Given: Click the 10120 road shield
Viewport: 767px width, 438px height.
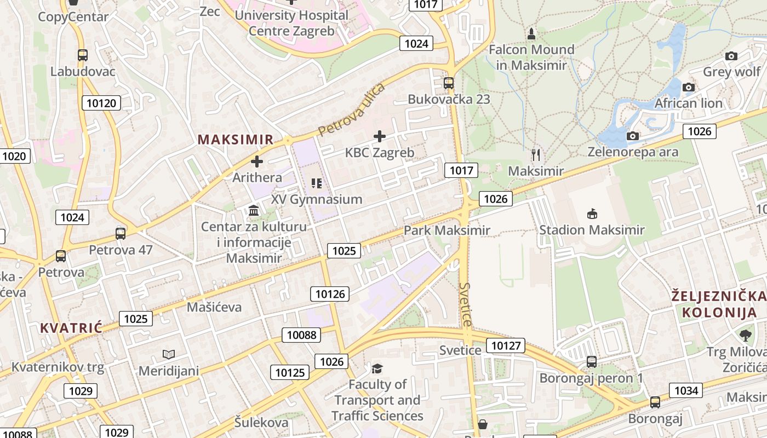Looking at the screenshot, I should pyautogui.click(x=101, y=102).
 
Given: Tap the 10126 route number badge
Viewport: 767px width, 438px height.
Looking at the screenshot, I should pyautogui.click(x=330, y=294).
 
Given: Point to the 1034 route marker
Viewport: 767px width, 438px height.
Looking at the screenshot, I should pyautogui.click(x=686, y=390).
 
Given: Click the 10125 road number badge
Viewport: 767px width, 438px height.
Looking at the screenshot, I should pyautogui.click(x=290, y=373).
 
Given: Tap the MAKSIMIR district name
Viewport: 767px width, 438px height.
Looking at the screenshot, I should pyautogui.click(x=235, y=140).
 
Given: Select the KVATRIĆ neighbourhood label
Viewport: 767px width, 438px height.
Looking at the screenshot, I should pyautogui.click(x=71, y=328).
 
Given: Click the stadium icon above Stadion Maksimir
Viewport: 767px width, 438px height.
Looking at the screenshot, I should pyautogui.click(x=592, y=213).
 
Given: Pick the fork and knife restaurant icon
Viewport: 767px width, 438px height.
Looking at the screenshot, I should pyautogui.click(x=536, y=155).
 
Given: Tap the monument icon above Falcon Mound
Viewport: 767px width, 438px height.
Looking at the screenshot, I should pyautogui.click(x=531, y=34).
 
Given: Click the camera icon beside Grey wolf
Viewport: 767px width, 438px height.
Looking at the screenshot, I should pyautogui.click(x=731, y=56).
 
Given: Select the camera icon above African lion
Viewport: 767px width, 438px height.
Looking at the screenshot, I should pyautogui.click(x=689, y=87).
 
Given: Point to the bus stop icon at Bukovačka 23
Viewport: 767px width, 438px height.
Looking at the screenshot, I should pyautogui.click(x=449, y=83).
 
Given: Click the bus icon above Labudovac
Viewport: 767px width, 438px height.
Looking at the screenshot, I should pyautogui.click(x=83, y=55).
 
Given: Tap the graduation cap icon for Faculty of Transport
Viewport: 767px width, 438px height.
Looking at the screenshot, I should pyautogui.click(x=377, y=368).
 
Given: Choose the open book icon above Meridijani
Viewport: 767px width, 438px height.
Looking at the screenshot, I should pyautogui.click(x=169, y=355).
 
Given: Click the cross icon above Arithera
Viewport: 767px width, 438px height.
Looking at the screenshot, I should pyautogui.click(x=256, y=162).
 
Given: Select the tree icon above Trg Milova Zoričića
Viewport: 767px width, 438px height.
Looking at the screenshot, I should pyautogui.click(x=745, y=335).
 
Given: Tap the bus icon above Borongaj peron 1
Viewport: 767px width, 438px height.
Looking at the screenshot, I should pyautogui.click(x=592, y=361).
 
